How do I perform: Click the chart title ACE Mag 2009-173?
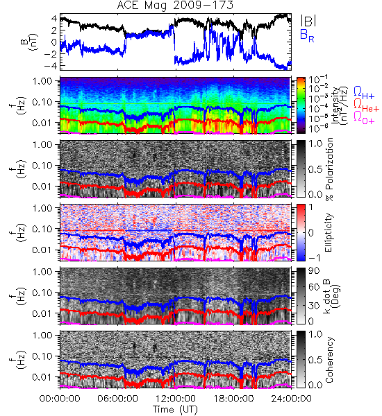[175, 5]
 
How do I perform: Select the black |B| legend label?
[308, 21]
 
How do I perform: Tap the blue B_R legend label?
[307, 35]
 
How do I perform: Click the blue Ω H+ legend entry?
[364, 93]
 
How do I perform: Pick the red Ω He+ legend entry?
[366, 105]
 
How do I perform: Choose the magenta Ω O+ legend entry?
[364, 118]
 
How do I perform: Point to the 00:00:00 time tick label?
[60, 399]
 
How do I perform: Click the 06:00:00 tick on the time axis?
[117, 399]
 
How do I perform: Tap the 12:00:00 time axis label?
[176, 399]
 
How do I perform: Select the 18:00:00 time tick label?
[233, 399]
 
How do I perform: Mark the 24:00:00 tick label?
[291, 399]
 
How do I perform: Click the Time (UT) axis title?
[175, 409]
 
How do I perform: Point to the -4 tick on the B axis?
[50, 65]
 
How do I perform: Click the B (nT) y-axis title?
[31, 42]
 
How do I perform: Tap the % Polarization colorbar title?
[330, 169]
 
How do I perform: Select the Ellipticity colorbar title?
[329, 232]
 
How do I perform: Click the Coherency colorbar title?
[329, 360]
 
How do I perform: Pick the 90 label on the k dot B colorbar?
[314, 271]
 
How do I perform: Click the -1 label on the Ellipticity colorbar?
[314, 258]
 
